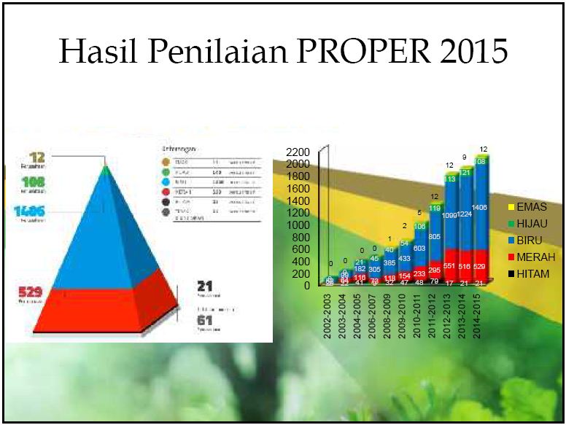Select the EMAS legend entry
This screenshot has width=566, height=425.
(530, 207)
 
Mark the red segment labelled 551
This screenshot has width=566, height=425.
(450, 265)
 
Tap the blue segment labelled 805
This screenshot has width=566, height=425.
(435, 236)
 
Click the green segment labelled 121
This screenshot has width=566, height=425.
(465, 173)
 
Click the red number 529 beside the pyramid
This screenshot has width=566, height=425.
(31, 292)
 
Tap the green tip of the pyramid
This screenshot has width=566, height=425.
(106, 170)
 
